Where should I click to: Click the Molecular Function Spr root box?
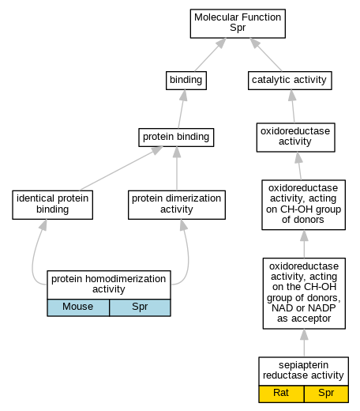[x=238, y=24]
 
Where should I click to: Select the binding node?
[x=186, y=81]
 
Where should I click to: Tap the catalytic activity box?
[x=290, y=81]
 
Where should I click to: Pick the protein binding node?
[x=176, y=138]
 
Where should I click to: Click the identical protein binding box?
[x=52, y=205]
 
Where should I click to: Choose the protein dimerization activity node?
[x=177, y=205]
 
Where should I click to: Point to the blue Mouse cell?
[x=78, y=307]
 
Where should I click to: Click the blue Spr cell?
[x=140, y=307]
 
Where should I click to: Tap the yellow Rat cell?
[x=281, y=394]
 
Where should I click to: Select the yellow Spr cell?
[x=326, y=394]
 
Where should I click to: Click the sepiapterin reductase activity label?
[x=303, y=370]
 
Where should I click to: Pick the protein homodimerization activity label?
[x=109, y=284]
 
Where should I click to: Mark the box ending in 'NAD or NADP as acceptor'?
[x=304, y=293]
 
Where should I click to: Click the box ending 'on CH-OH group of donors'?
[x=303, y=205]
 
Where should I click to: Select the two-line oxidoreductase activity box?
[x=295, y=138]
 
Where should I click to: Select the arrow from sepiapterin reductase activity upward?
[x=304, y=343]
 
